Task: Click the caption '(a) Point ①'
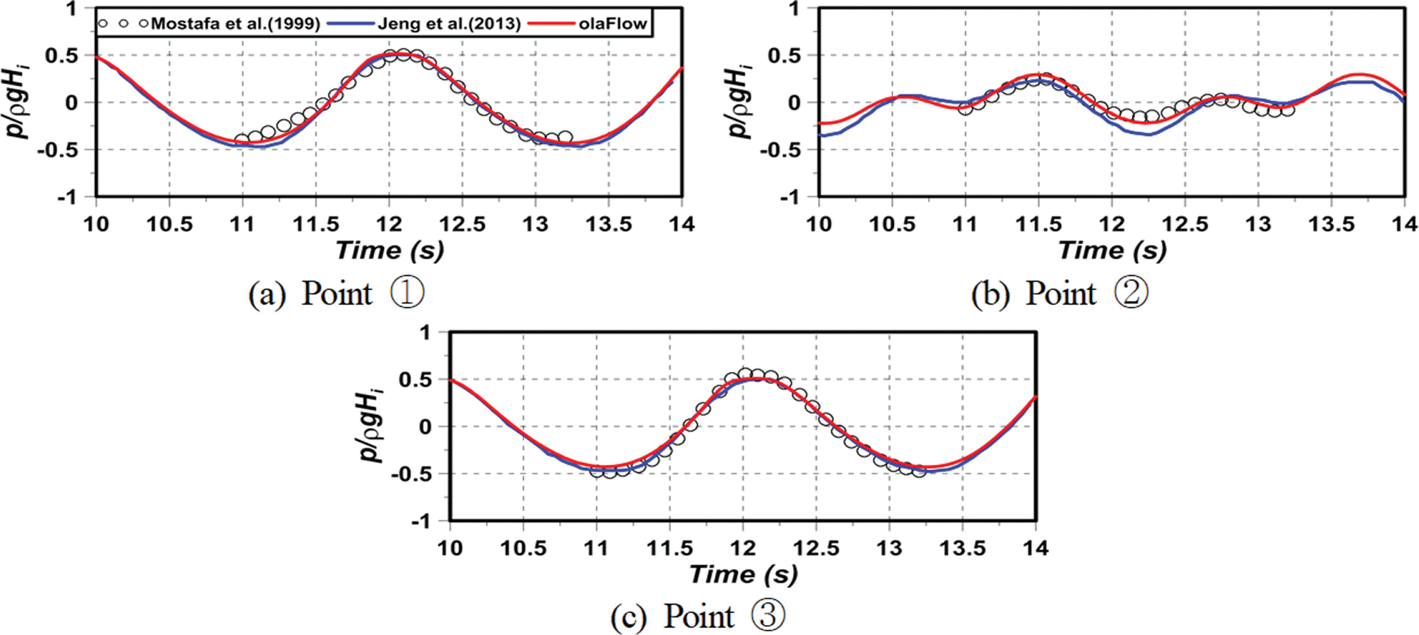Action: [x=336, y=293]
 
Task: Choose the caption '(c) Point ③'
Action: [x=697, y=616]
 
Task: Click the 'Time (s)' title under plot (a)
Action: [x=390, y=250]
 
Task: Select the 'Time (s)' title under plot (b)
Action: [x=1112, y=250]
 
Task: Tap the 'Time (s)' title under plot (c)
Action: [x=743, y=575]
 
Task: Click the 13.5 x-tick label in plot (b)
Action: [x=1331, y=225]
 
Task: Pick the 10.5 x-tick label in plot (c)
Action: [x=523, y=549]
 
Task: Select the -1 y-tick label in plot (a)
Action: [x=68, y=197]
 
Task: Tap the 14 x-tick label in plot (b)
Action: [x=1404, y=225]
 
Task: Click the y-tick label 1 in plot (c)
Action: [x=424, y=333]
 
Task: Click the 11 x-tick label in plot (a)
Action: [x=242, y=225]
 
